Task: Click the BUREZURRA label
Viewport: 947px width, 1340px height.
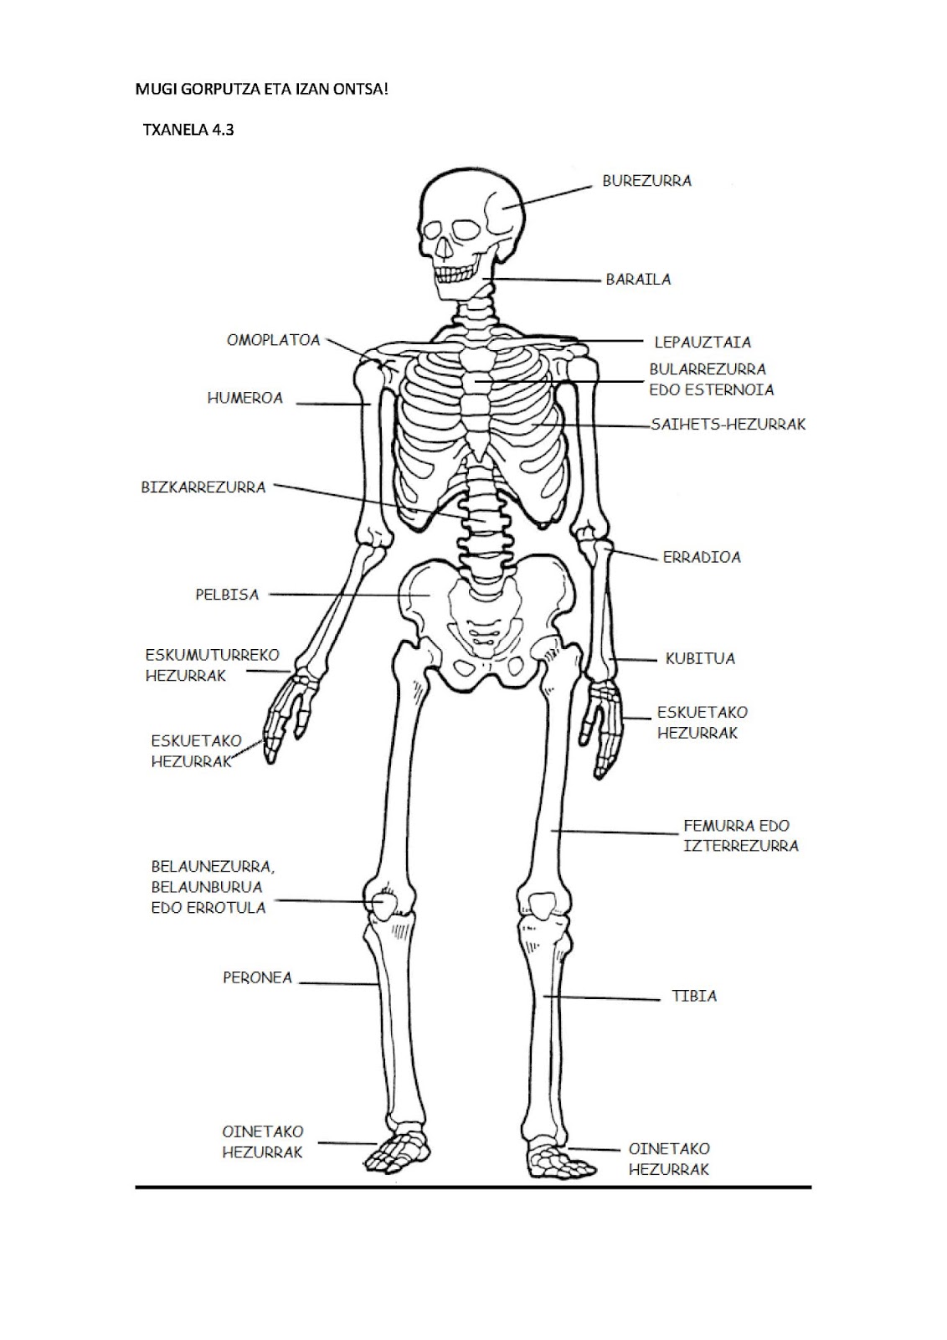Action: click(x=646, y=181)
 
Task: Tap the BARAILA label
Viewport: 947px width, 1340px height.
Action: click(x=638, y=280)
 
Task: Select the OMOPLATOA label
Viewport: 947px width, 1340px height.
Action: click(x=274, y=340)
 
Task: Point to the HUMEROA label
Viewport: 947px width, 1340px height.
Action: click(x=245, y=398)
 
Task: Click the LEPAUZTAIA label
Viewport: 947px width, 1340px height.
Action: click(x=703, y=343)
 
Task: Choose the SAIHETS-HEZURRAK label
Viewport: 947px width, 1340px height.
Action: click(x=728, y=424)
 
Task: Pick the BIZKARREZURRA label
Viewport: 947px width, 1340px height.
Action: click(x=203, y=487)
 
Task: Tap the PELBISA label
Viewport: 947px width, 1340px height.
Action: click(x=227, y=595)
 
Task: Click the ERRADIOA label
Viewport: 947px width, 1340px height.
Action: click(x=702, y=557)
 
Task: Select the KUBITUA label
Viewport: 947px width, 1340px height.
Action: click(x=700, y=658)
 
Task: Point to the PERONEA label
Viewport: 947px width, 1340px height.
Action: click(x=257, y=977)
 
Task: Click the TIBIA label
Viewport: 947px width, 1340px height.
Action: click(x=694, y=996)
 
